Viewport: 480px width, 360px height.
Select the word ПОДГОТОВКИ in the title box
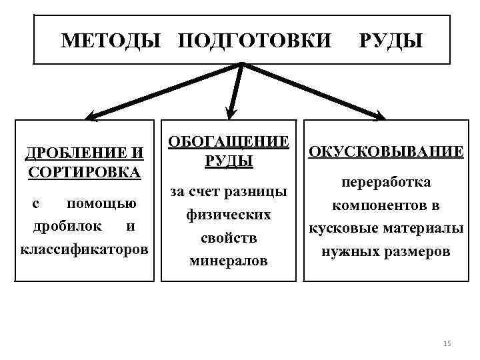[x=254, y=41]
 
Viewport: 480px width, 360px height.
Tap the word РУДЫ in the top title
[x=391, y=41]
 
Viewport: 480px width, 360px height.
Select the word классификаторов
[x=85, y=249]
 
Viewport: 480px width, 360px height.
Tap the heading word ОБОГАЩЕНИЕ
[x=229, y=142]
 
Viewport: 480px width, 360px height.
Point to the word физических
[x=229, y=215]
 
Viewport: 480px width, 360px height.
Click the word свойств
[x=229, y=237]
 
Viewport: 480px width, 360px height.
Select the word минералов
[x=229, y=261]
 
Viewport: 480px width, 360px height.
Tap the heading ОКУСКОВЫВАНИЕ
[x=385, y=151]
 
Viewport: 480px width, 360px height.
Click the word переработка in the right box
[x=385, y=183]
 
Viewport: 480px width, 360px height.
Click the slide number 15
[x=447, y=343]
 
